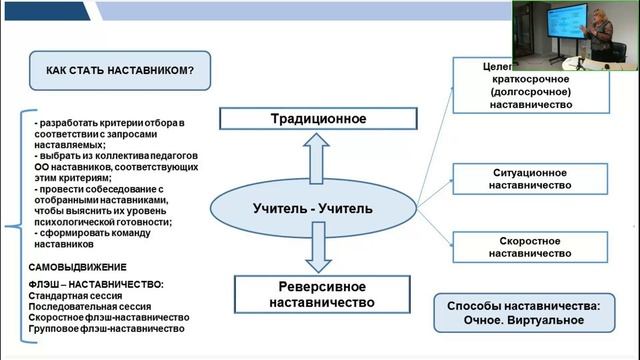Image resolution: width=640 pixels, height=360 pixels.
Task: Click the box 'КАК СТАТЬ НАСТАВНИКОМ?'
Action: point(120,71)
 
